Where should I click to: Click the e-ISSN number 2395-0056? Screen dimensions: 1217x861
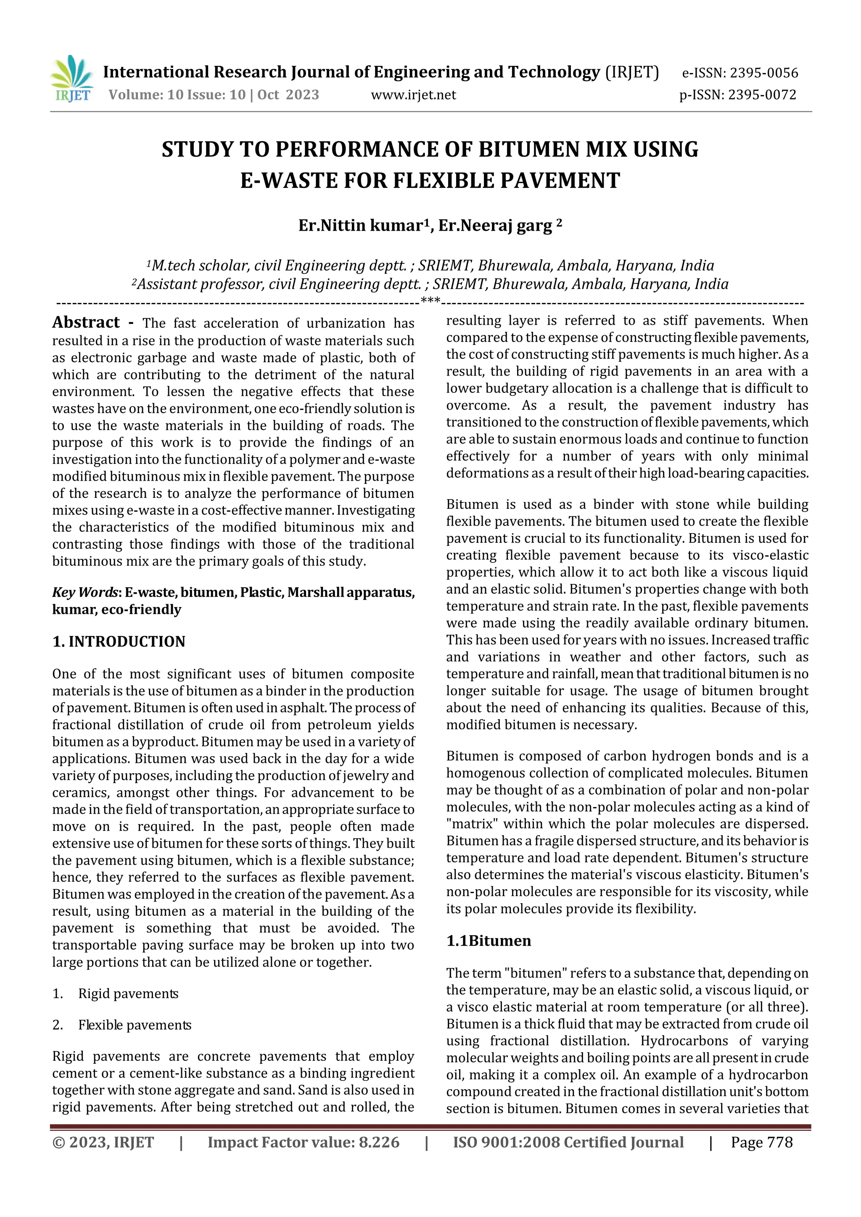[763, 73]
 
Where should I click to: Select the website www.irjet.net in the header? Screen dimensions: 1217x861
[413, 95]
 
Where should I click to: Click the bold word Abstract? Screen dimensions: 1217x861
[86, 322]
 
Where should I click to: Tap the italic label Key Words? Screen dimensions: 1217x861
[87, 592]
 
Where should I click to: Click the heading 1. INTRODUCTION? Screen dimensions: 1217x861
[119, 641]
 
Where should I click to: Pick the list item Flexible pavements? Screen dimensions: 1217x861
[135, 1025]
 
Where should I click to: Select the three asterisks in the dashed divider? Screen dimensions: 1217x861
[430, 302]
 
